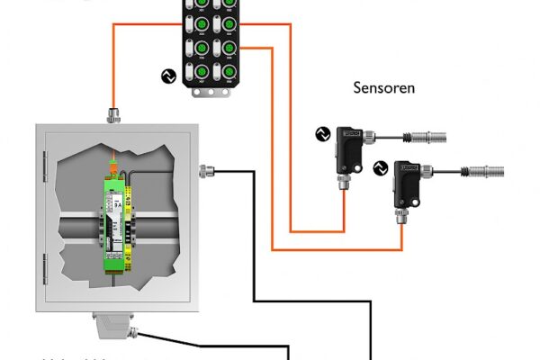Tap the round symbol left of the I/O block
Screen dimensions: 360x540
coord(166,76)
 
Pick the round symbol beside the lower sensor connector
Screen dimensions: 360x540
coord(379,166)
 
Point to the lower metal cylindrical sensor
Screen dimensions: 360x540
coord(485,169)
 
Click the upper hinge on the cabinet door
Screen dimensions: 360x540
coord(44,163)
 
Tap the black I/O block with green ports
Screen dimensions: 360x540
coord(213,40)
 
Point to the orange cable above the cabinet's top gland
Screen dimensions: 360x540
coord(113,72)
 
